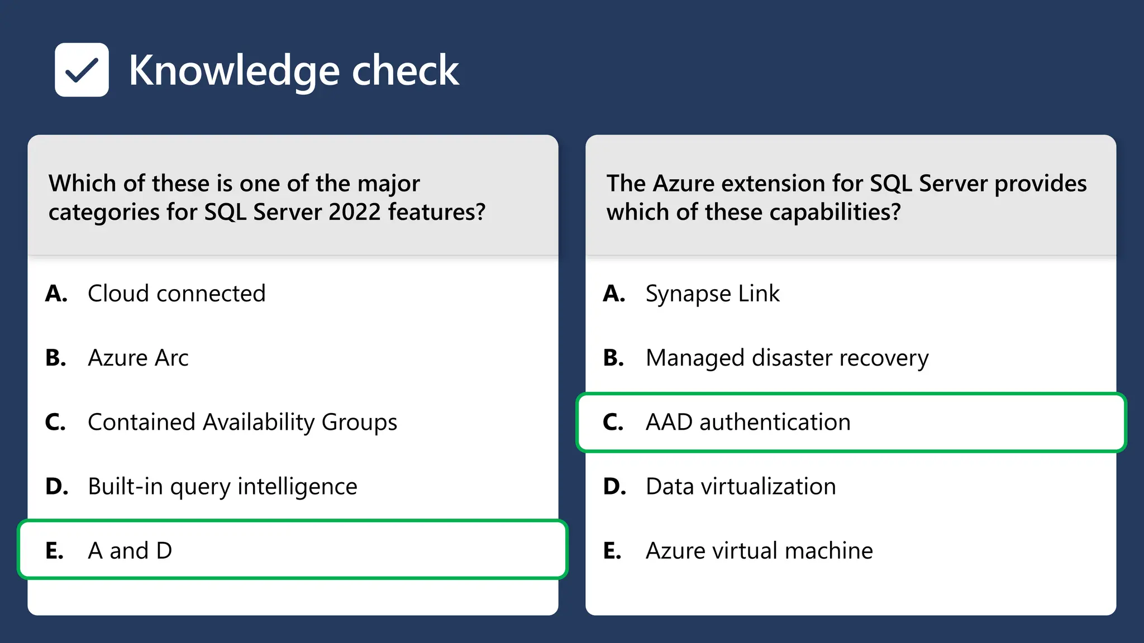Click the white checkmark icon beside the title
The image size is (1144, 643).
pyautogui.click(x=82, y=70)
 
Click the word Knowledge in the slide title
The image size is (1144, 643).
pyautogui.click(x=234, y=71)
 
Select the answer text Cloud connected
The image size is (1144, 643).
pyautogui.click(x=177, y=294)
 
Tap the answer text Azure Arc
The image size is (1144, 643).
pyautogui.click(x=138, y=358)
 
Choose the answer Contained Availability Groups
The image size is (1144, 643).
pyautogui.click(x=242, y=423)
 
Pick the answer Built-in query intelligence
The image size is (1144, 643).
pyautogui.click(x=222, y=487)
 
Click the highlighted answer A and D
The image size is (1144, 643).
pyautogui.click(x=130, y=551)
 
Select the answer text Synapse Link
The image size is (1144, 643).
pyautogui.click(x=712, y=294)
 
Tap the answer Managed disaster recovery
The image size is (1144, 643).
pyautogui.click(x=786, y=358)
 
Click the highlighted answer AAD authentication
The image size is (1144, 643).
pyautogui.click(x=748, y=423)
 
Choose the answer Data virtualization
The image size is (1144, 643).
pyautogui.click(x=741, y=487)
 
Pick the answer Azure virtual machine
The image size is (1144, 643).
pyautogui.click(x=759, y=551)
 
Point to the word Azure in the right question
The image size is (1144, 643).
pyautogui.click(x=684, y=184)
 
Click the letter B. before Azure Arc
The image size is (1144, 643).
pyautogui.click(x=56, y=358)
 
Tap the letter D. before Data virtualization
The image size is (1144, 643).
pyautogui.click(x=614, y=487)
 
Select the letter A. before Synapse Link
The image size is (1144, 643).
pyautogui.click(x=614, y=294)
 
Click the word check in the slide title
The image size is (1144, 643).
pyautogui.click(x=405, y=71)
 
